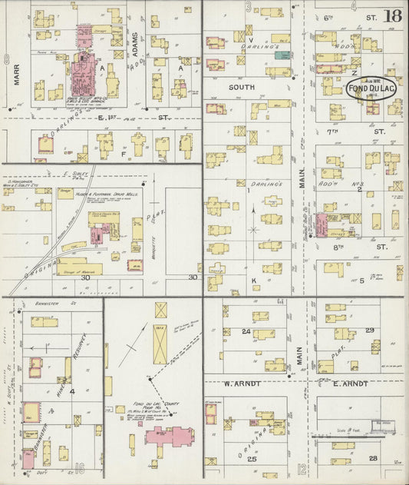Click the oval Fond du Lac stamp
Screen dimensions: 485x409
point(371,88)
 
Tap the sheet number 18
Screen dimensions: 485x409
point(394,15)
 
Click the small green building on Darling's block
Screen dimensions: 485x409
point(283,55)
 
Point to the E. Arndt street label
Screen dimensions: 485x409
point(350,383)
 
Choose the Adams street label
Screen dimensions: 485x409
point(136,46)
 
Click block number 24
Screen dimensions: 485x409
point(246,331)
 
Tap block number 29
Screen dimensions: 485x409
point(369,330)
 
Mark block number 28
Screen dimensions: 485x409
point(373,458)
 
